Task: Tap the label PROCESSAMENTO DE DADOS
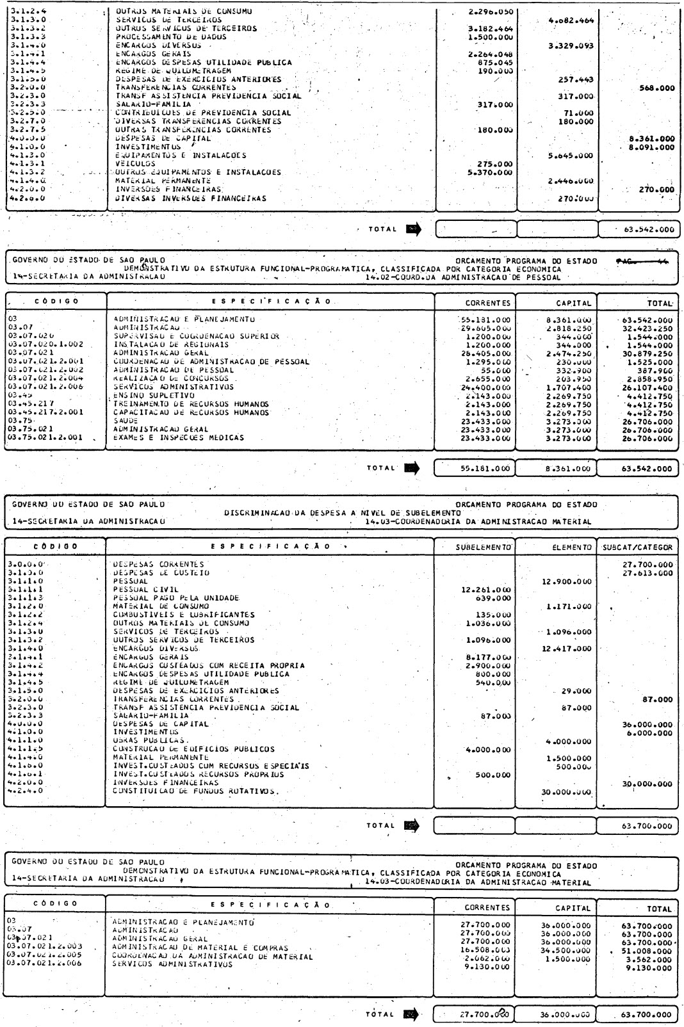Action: coord(171,37)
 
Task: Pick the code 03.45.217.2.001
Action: coord(42,412)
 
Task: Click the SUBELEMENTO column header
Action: coord(483,547)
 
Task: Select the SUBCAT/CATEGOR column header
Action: coord(637,547)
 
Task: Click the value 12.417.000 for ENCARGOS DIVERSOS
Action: coord(567,649)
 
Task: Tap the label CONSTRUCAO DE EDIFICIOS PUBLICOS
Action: coord(193,749)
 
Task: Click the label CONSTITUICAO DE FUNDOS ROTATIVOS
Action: coord(195,791)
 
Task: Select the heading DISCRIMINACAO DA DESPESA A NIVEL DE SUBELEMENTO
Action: coord(342,512)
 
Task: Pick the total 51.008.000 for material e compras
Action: coord(648,948)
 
